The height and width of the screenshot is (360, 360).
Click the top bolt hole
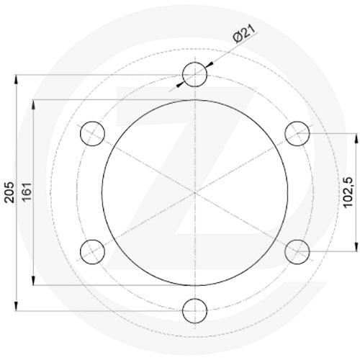pyautogui.click(x=195, y=73)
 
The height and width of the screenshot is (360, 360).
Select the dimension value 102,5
pyautogui.click(x=346, y=192)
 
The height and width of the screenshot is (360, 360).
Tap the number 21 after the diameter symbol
pyautogui.click(x=248, y=31)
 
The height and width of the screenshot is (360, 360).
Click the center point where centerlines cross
pyautogui.click(x=195, y=192)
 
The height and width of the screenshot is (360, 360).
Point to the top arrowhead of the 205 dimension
pyautogui.click(x=17, y=78)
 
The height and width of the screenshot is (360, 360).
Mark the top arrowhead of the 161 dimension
pyautogui.click(x=35, y=103)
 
